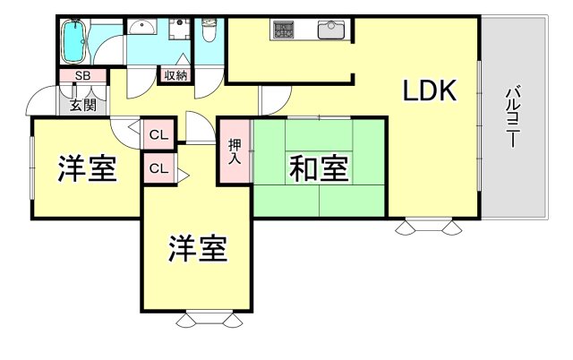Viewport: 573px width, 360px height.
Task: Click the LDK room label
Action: click(430, 90)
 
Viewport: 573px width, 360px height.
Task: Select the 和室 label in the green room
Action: click(319, 167)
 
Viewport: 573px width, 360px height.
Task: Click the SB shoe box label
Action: click(82, 76)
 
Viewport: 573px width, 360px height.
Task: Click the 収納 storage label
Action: click(175, 75)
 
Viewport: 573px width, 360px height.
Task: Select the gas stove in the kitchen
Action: click(286, 30)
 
